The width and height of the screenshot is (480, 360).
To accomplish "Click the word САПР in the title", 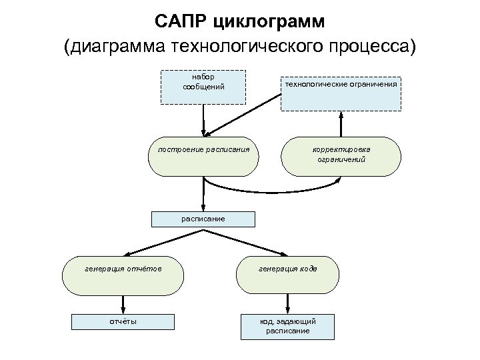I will coord(182,21).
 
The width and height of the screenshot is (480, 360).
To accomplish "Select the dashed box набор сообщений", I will coord(203,86).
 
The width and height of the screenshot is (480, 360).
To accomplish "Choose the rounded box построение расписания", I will coord(203,157).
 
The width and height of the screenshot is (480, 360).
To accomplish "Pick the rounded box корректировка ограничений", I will coord(341,157).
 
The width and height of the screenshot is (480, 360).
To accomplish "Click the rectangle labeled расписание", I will coord(203,219).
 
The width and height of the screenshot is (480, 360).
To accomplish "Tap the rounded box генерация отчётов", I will coord(123,275).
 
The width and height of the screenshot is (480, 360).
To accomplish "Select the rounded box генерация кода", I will coord(287,275).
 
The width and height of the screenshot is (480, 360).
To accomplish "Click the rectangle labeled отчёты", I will coord(123,321).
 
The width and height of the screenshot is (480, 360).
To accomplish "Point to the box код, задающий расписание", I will coord(287,326).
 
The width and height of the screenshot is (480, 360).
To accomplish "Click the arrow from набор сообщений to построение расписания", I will coord(203,120).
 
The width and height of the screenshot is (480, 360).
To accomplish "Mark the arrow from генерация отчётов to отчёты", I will coord(123,303).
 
